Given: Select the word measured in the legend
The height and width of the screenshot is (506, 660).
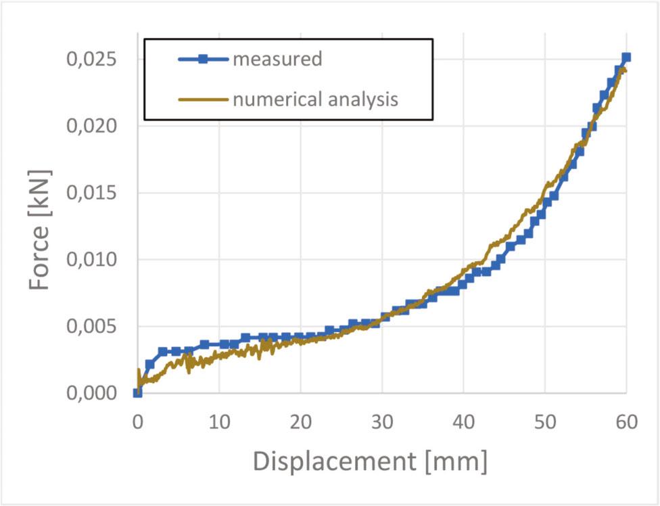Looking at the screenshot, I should [x=277, y=60].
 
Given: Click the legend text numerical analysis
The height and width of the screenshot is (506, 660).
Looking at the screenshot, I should [x=315, y=100].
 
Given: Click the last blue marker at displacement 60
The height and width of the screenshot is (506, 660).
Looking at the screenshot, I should [x=626, y=57].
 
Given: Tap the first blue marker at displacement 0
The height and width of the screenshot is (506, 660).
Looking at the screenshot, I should [x=137, y=392].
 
